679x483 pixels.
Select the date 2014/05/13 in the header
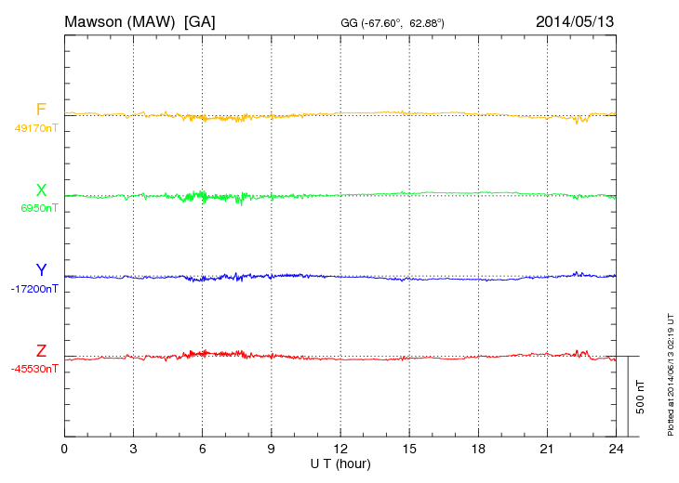pos(574,20)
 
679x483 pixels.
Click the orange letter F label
pos(41,110)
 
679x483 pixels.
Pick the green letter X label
pos(41,191)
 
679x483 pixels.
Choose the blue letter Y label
pos(41,270)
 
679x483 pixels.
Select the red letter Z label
pos(41,351)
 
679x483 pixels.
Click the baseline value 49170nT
pos(36,128)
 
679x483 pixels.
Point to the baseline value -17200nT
pos(35,289)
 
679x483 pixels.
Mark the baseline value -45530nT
pos(35,370)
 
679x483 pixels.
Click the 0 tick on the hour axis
pos(64,449)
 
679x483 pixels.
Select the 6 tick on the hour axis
pos(202,449)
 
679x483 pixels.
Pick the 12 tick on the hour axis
pos(340,449)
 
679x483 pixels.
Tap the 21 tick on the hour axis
pos(547,449)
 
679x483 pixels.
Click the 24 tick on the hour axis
pos(616,449)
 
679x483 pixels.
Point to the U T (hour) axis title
pos(340,463)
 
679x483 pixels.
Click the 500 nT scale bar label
pos(641,397)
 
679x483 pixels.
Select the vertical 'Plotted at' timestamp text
pos(671,372)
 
